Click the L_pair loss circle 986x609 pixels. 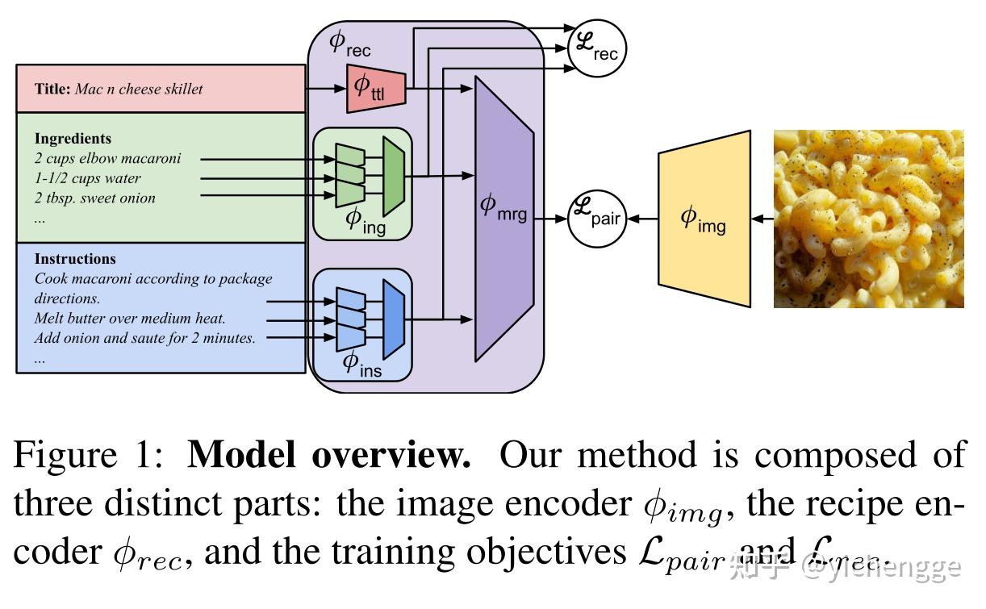[x=597, y=218]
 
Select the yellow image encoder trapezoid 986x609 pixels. [x=704, y=218]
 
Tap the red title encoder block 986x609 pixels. [x=375, y=89]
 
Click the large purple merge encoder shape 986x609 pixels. [x=504, y=218]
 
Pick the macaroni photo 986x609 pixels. [x=868, y=219]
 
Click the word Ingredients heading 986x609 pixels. [x=73, y=139]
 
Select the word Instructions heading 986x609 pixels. [x=75, y=259]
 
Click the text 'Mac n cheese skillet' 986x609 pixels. [x=139, y=89]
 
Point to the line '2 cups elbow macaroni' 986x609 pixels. [x=108, y=159]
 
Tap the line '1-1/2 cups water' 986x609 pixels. [x=87, y=178]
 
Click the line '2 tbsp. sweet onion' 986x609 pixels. [x=94, y=198]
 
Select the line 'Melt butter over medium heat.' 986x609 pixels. [x=130, y=319]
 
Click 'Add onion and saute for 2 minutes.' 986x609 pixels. [x=144, y=338]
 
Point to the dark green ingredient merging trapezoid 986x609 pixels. [x=393, y=177]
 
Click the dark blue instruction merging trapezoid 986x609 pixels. [x=393, y=319]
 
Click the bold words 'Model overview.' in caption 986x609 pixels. [x=329, y=456]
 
